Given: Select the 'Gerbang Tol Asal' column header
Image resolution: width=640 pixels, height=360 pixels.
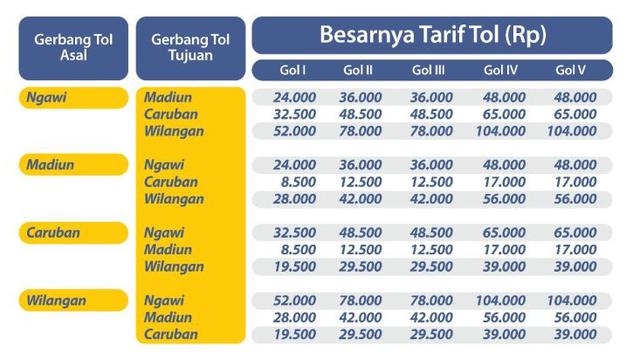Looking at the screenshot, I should coord(73,47).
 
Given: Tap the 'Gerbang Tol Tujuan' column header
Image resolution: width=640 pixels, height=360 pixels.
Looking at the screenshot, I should coord(190,47).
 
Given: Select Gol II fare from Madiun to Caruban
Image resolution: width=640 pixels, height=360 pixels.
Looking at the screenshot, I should coord(361,182).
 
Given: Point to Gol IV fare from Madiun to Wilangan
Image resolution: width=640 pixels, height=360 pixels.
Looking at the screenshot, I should coord(503,199).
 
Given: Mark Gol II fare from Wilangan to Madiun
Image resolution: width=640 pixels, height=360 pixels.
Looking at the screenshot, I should coord(361,317).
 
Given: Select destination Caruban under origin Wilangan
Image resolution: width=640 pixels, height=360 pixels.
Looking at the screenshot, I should coord(171,334).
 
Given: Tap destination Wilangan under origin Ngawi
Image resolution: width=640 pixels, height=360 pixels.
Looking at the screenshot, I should coord(174,131).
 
